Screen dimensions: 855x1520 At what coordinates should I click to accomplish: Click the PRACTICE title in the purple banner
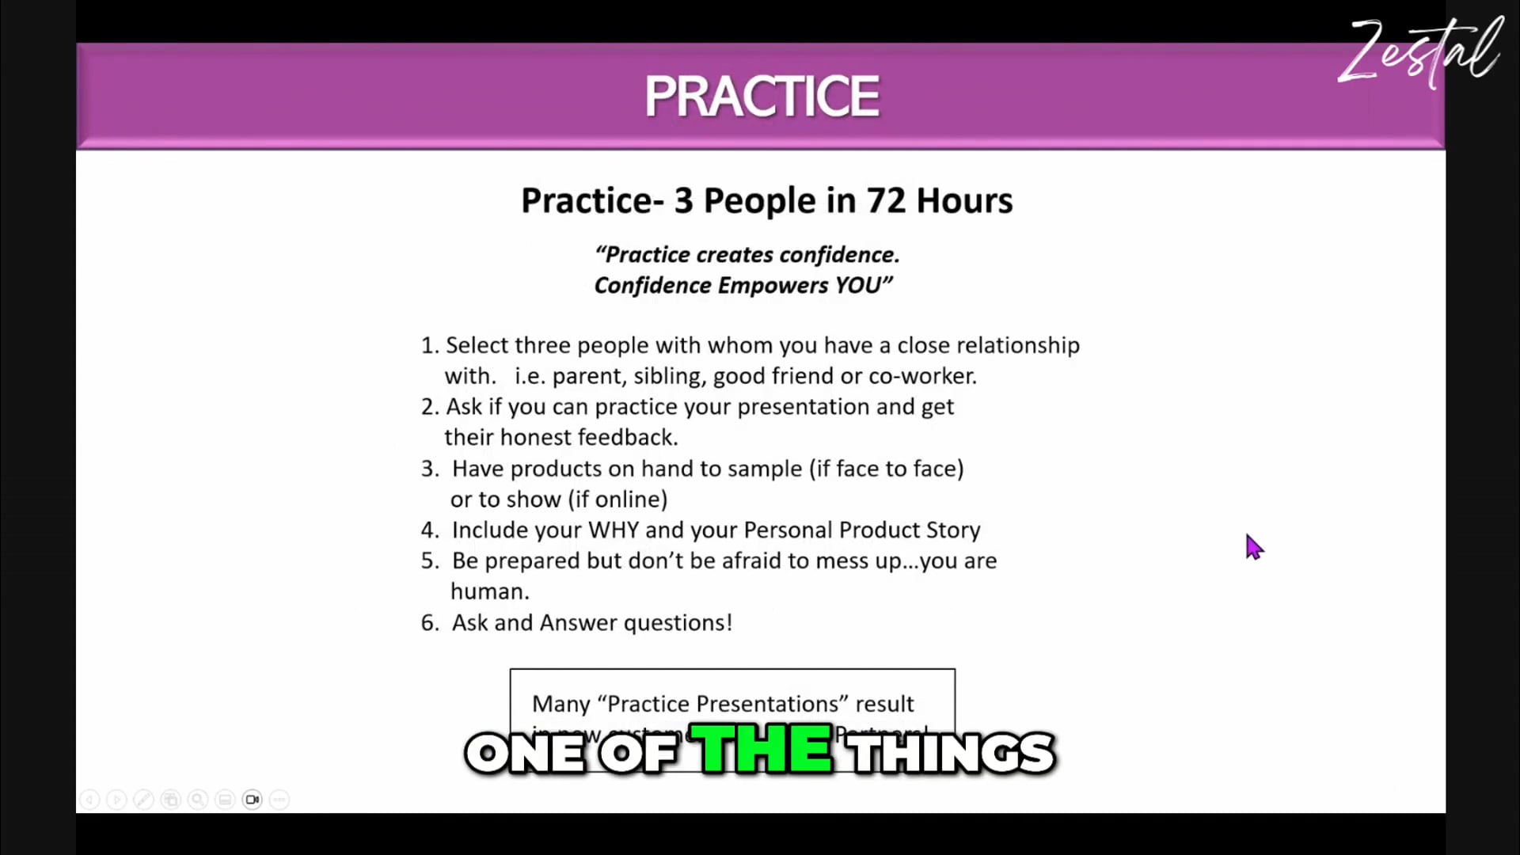coord(761,97)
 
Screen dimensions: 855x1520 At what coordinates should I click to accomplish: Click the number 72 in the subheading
coord(885,201)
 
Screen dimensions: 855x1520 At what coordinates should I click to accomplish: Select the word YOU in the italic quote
coord(859,286)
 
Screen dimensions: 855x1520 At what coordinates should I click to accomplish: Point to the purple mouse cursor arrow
coord(1253,546)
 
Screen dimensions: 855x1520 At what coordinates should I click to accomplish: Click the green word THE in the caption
coord(762,749)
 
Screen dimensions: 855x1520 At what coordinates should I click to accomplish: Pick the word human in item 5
coord(488,592)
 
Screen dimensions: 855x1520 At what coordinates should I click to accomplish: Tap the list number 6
coord(428,623)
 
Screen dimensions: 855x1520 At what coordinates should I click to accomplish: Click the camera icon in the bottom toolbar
coord(253,800)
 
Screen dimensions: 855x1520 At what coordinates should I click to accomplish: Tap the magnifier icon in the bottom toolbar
coord(198,800)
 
